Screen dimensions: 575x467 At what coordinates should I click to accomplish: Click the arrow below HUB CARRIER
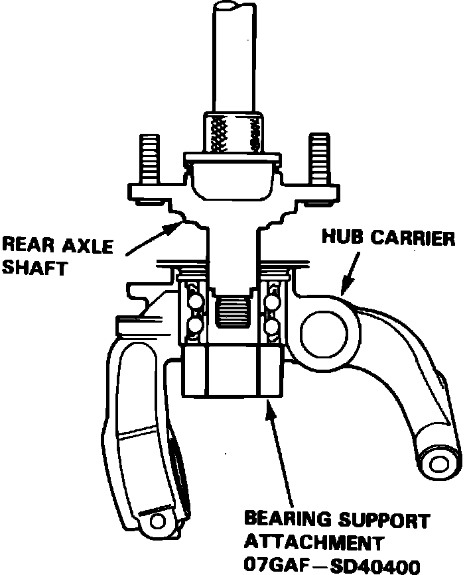point(350,272)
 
